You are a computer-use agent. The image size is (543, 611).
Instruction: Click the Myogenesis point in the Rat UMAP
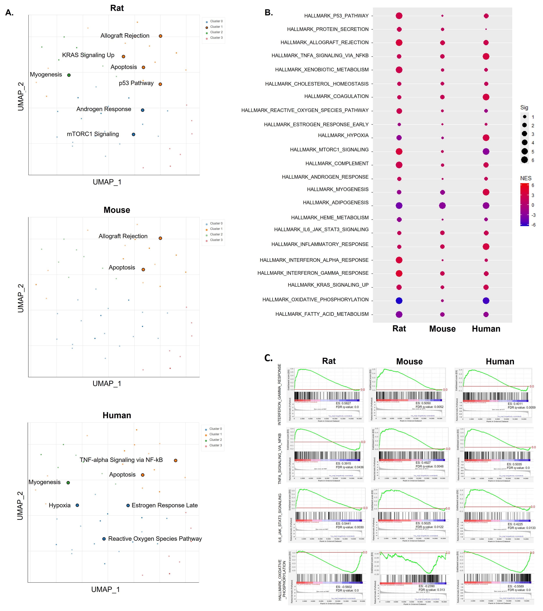pos(69,75)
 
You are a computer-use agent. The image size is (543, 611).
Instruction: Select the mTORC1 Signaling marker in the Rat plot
pos(133,134)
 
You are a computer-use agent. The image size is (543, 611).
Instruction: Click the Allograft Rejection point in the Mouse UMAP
pos(160,238)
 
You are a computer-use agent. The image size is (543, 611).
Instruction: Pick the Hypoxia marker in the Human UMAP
pos(77,505)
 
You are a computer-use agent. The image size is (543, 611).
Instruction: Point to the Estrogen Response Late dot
pos(128,505)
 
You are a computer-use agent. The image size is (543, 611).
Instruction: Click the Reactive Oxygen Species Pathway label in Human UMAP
pos(155,539)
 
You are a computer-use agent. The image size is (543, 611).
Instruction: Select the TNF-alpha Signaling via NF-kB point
pos(175,460)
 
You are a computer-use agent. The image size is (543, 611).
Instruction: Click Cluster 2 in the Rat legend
pos(216,32)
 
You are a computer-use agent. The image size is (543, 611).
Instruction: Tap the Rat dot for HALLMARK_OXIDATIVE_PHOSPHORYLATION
pos(399,301)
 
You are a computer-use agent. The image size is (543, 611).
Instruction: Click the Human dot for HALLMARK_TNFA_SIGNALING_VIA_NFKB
pos(486,56)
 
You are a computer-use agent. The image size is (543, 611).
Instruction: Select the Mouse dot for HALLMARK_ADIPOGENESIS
pos(442,205)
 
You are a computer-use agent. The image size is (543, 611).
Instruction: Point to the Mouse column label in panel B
pos(442,329)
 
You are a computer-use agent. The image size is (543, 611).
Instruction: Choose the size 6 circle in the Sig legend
pos(524,160)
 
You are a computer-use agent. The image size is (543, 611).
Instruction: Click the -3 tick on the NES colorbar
pos(533,215)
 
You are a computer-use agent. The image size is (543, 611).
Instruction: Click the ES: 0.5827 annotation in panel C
pos(343,403)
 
